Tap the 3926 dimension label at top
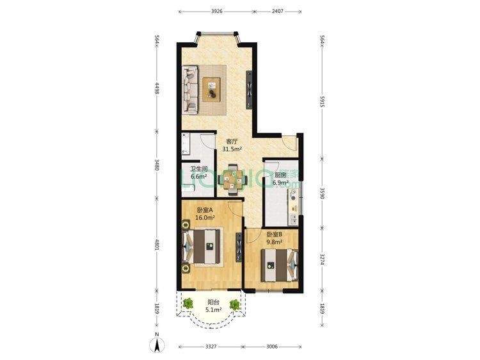click(216, 12)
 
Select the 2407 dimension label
click(278, 12)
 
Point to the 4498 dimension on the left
click(157, 88)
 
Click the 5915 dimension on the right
click(322, 101)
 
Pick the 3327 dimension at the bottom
click(211, 347)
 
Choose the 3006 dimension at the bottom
click(272, 347)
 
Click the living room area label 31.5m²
click(232, 149)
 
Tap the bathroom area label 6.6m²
click(199, 176)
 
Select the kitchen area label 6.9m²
click(281, 184)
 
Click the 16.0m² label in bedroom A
click(205, 218)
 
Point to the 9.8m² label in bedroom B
click(275, 242)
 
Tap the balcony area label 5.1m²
click(214, 310)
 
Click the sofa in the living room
click(190, 90)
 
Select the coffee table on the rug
click(211, 90)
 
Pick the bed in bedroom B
click(280, 265)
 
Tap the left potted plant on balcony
click(188, 304)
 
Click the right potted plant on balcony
click(235, 304)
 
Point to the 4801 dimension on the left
click(157, 245)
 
